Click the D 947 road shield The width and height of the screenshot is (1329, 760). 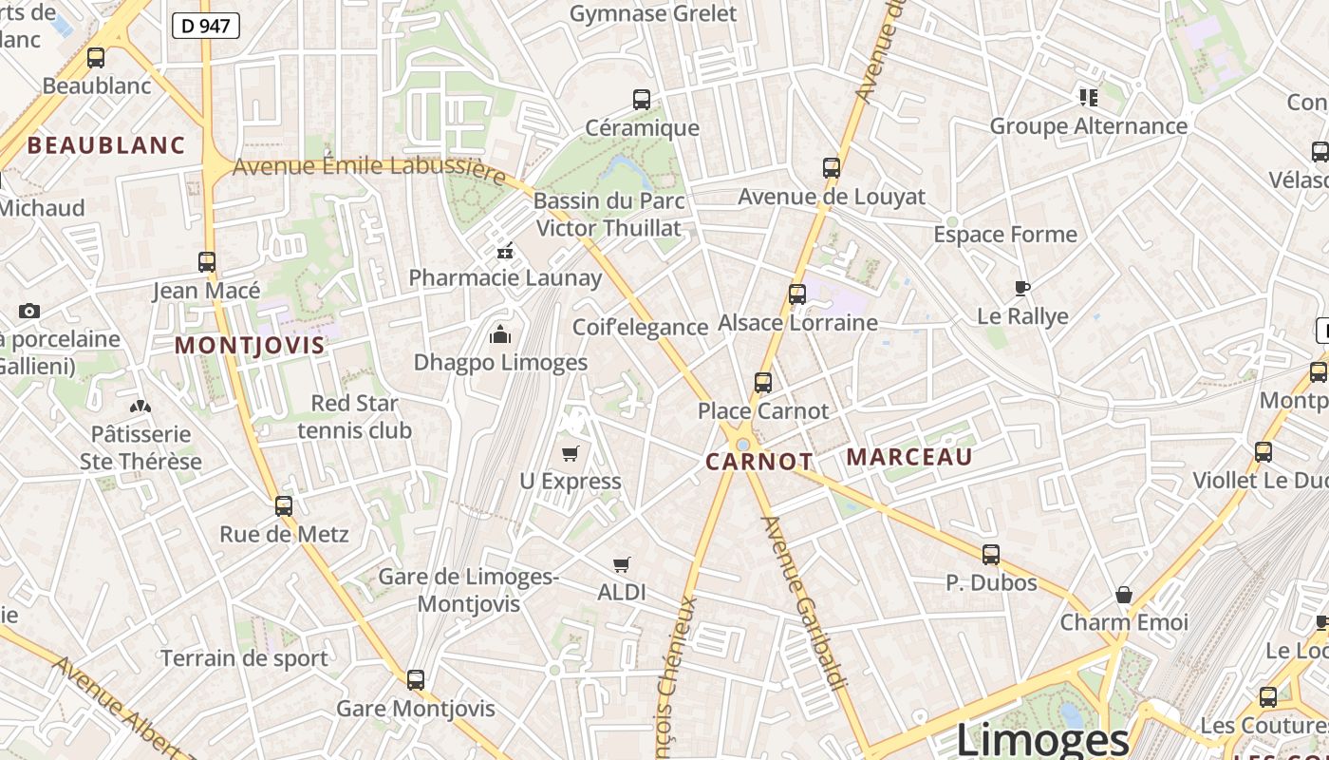pos(205,26)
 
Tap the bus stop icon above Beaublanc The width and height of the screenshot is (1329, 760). pos(96,58)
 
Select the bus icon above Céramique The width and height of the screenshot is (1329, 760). pos(642,100)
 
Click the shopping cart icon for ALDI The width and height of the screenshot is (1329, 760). pos(622,565)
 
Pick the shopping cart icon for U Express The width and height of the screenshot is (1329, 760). pos(571,453)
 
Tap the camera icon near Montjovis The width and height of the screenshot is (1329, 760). pos(29,311)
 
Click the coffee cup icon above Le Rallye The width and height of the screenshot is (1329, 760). pos(1022,288)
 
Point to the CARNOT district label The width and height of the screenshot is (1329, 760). pos(759,463)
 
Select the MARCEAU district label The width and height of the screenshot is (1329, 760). pos(909,457)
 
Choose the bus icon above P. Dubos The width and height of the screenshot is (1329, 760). pos(991,554)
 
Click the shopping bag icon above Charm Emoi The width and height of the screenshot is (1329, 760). pos(1124,595)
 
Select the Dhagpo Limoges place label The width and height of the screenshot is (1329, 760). pos(500,363)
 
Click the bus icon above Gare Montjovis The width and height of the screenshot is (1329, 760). pos(416,680)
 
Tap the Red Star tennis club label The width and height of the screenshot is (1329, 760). pos(354,417)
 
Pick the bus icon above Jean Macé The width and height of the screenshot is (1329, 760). pos(207,261)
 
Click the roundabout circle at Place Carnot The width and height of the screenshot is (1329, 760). pos(743,445)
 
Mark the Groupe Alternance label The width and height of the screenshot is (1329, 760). pos(1088,126)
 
